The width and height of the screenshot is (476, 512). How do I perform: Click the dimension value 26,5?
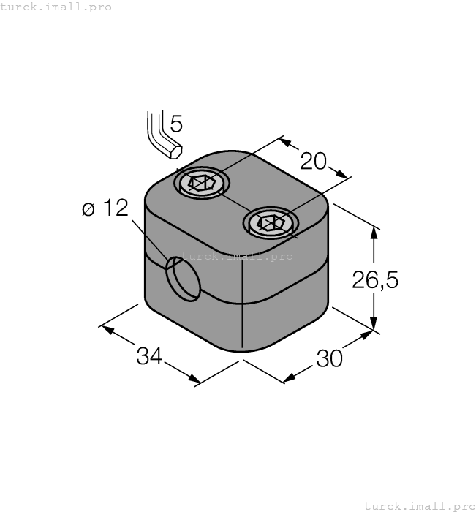tap(375, 280)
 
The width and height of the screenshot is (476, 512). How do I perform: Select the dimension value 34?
tap(149, 356)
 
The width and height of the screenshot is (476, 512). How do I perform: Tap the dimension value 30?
tap(329, 359)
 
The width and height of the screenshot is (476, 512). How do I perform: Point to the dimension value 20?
tap(314, 161)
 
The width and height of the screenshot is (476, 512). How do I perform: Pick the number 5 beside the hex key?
tap(176, 124)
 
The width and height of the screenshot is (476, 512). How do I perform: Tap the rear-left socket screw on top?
tap(200, 182)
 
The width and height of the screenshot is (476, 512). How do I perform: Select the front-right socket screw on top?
tap(270, 222)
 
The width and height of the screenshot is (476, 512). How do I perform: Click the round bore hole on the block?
tap(182, 279)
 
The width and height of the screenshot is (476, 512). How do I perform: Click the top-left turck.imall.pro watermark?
tap(56, 7)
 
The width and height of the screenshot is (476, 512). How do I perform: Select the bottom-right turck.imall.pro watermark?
tap(419, 505)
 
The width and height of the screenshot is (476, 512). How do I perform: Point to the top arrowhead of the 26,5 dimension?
tap(374, 233)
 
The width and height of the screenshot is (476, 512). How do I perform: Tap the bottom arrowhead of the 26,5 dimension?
tap(374, 326)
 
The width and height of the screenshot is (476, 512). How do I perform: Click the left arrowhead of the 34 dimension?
tap(107, 329)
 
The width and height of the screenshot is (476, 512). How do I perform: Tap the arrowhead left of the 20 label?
tap(287, 142)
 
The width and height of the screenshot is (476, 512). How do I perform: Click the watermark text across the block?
tap(236, 257)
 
